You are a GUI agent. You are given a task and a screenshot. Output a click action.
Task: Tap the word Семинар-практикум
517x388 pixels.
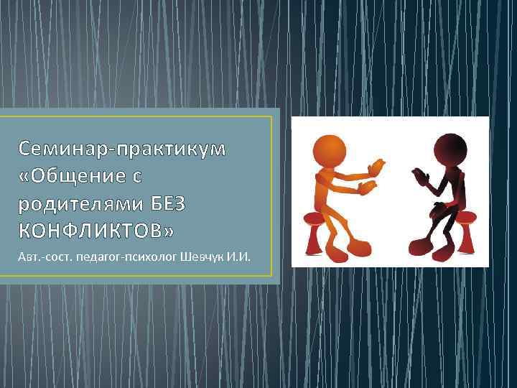(x=122, y=149)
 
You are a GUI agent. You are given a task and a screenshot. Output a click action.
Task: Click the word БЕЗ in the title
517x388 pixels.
(x=167, y=203)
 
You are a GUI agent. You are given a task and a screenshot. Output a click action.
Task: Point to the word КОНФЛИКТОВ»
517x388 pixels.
(x=96, y=231)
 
